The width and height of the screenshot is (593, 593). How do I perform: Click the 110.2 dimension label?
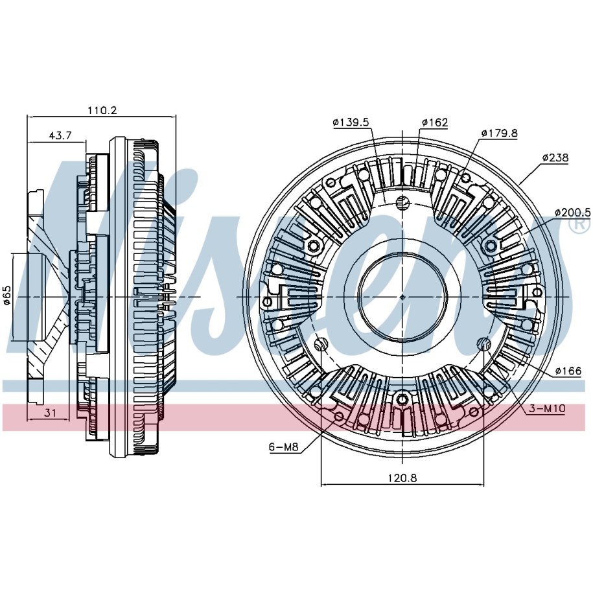pos(102,110)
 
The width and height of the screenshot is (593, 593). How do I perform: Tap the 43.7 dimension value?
pos(60,135)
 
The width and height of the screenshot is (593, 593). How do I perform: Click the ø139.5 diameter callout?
pos(351,122)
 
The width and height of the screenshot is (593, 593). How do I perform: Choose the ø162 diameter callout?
pos(435,122)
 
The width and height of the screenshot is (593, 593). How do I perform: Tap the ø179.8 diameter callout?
pos(499,133)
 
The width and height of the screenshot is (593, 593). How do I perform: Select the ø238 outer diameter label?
pos(555,157)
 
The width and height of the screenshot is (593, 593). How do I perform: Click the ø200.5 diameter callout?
pos(572,213)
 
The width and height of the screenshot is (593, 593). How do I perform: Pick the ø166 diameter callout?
pos(568,371)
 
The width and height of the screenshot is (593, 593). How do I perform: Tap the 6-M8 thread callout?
pos(284,447)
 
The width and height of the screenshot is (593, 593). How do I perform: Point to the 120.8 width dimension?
pos(402,478)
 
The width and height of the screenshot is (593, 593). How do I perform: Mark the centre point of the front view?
pos(402,297)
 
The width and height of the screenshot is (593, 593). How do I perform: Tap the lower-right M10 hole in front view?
pos(485,343)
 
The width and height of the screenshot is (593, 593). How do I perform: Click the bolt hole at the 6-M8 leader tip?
pos(339,416)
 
